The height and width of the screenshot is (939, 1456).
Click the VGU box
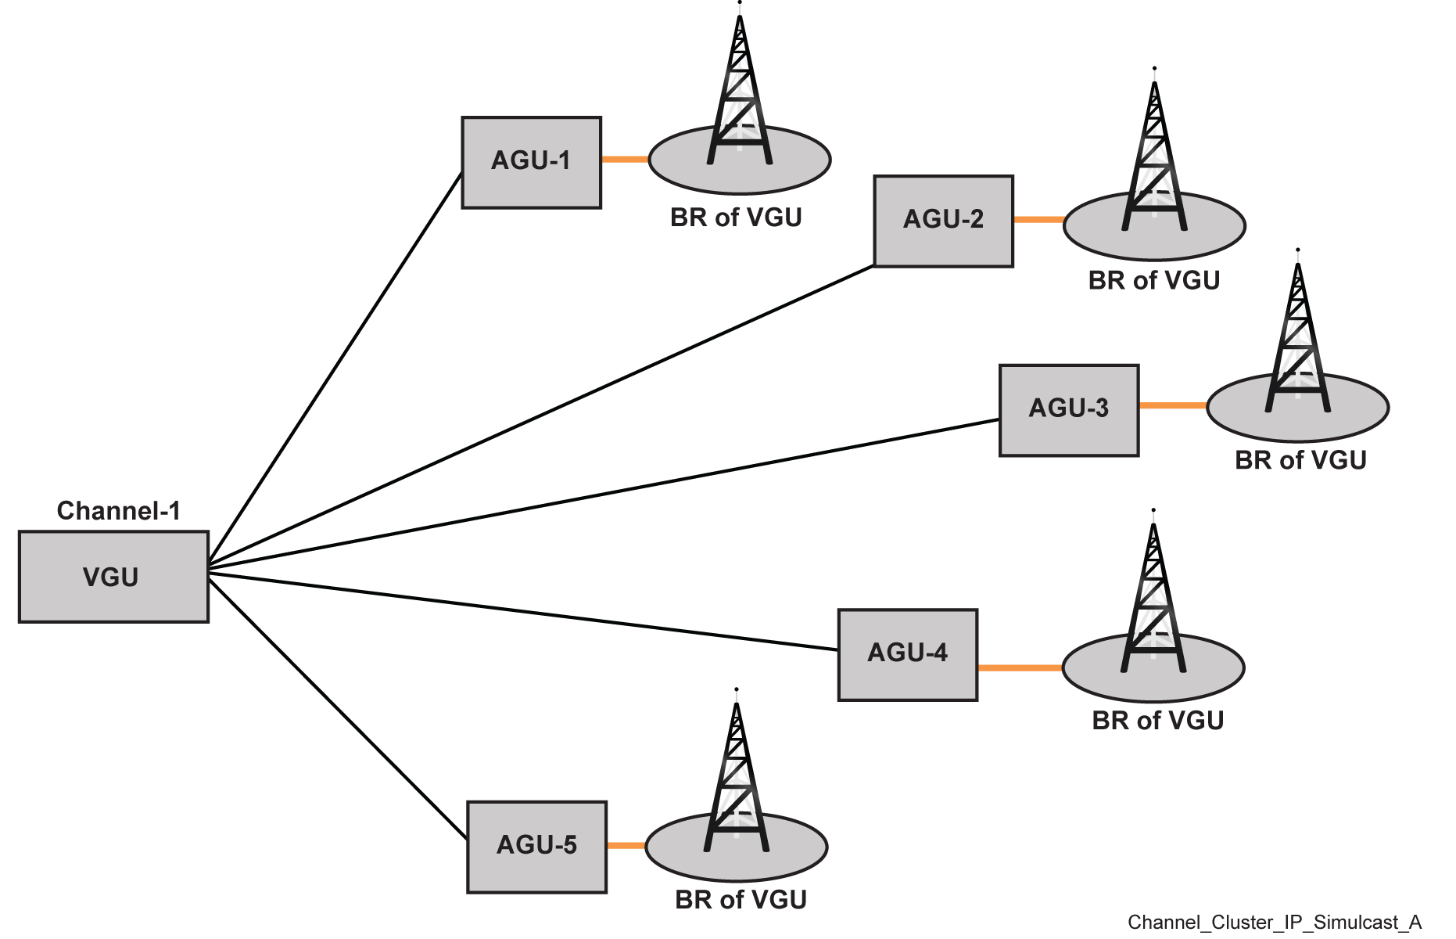pyautogui.click(x=113, y=577)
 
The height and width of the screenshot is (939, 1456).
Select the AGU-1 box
pyautogui.click(x=531, y=162)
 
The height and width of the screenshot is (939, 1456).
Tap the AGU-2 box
pyautogui.click(x=943, y=221)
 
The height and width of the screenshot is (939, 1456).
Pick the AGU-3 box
pyautogui.click(x=1068, y=409)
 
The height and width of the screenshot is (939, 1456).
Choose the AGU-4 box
pyautogui.click(x=907, y=654)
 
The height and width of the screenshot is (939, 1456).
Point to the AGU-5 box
pyautogui.click(x=536, y=846)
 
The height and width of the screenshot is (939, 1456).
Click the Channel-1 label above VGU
pyautogui.click(x=119, y=511)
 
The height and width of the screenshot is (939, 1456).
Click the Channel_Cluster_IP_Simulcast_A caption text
pyautogui.click(x=1274, y=923)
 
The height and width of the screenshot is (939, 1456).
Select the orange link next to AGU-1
pyautogui.click(x=625, y=160)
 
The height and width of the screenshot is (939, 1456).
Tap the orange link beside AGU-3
pyautogui.click(x=1172, y=405)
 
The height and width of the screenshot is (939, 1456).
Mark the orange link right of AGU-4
pyautogui.click(x=1020, y=667)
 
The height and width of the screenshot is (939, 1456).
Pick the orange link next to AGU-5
pyautogui.click(x=626, y=845)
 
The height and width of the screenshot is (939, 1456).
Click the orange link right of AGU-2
pyautogui.click(x=1038, y=220)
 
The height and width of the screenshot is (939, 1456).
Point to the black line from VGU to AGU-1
pyautogui.click(x=335, y=368)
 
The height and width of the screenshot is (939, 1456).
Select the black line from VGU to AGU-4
pyautogui.click(x=522, y=612)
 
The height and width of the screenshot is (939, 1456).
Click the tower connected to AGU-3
pyautogui.click(x=1297, y=344)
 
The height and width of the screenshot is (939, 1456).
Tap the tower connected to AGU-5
pyautogui.click(x=736, y=782)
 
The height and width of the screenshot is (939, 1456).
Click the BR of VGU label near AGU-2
pyautogui.click(x=1153, y=280)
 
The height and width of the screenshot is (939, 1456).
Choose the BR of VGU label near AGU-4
pyautogui.click(x=1157, y=720)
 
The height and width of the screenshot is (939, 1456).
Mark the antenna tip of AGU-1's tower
pyautogui.click(x=739, y=3)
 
